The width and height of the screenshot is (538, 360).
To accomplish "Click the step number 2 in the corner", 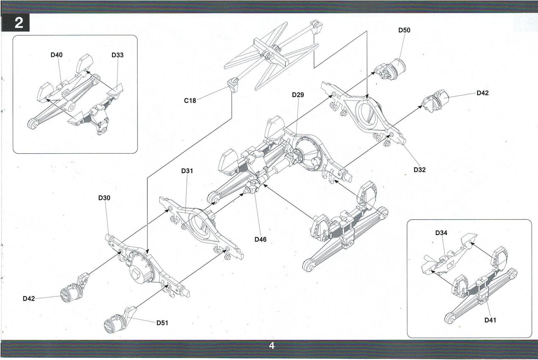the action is click(19, 23).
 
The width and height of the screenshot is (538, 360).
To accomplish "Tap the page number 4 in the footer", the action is click(272, 346).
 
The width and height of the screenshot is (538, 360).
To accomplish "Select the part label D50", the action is click(404, 30).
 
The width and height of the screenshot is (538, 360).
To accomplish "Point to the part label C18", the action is click(190, 100).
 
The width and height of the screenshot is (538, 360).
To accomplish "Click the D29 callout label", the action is click(298, 95).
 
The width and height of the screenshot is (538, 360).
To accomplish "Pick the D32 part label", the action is click(419, 170).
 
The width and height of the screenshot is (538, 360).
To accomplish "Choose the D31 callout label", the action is click(187, 171).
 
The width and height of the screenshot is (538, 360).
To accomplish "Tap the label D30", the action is click(104, 198).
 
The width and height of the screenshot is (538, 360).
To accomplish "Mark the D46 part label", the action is click(260, 239).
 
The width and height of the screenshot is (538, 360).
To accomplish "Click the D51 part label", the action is click(163, 323).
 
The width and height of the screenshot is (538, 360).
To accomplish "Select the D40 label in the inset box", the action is click(56, 55).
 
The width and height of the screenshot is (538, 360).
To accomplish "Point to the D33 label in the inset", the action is click(117, 55).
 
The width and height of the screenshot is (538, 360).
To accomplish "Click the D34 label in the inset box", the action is click(441, 233).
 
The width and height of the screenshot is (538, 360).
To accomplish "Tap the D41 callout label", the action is click(490, 320).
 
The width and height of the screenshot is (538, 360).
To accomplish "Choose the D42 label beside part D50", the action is click(483, 93).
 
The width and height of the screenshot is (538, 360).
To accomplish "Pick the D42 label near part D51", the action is click(29, 299).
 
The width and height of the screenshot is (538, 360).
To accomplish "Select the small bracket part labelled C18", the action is click(232, 85).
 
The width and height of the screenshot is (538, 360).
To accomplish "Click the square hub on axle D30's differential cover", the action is click(135, 274).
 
